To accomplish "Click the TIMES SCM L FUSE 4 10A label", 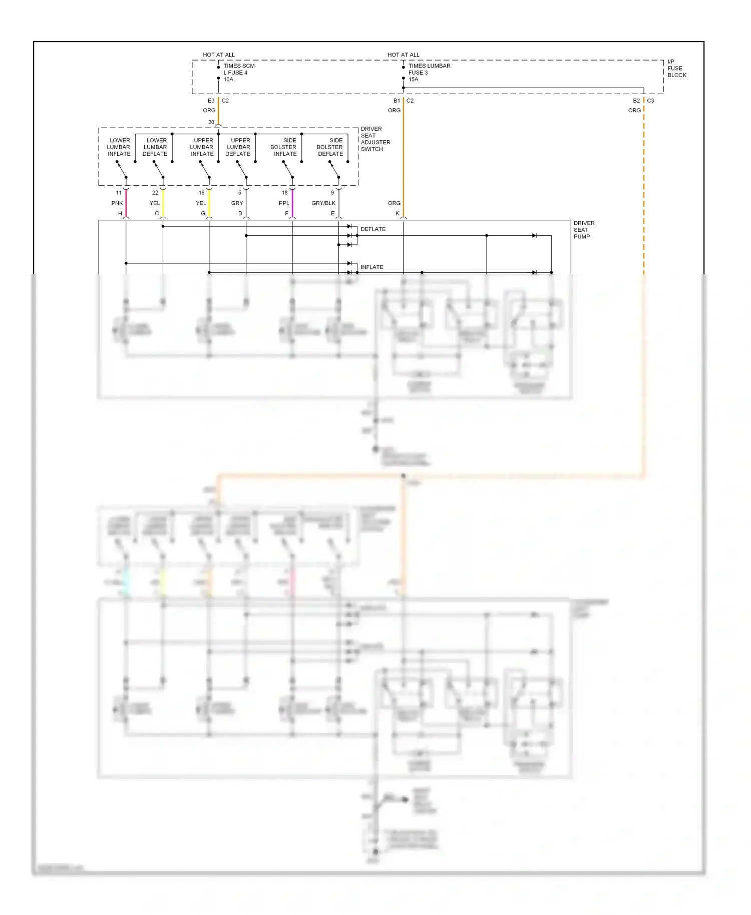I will click(238, 73).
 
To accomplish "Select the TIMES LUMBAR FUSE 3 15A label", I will click(429, 73).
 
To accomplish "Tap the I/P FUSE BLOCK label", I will click(676, 68).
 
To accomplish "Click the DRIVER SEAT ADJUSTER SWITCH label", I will click(375, 139).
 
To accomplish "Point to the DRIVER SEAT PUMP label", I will click(584, 230).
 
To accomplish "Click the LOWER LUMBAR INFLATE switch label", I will click(119, 147).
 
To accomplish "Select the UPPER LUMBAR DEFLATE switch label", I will click(238, 147).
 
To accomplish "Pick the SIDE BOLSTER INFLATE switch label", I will click(284, 147).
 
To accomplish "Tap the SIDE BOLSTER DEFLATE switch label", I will click(330, 147).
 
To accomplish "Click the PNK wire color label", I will click(117, 203).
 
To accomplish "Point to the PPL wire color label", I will click(284, 203).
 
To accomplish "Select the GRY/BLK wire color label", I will click(323, 203).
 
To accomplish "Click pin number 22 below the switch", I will click(155, 193).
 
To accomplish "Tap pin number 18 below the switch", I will click(284, 193).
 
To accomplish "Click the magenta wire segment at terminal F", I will click(292, 203).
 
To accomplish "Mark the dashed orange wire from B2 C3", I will click(644, 190).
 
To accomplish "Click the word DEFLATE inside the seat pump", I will click(373, 229).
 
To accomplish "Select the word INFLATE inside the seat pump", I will click(372, 267).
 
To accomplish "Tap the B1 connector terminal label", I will click(397, 101).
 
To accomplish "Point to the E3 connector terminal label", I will click(211, 101).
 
